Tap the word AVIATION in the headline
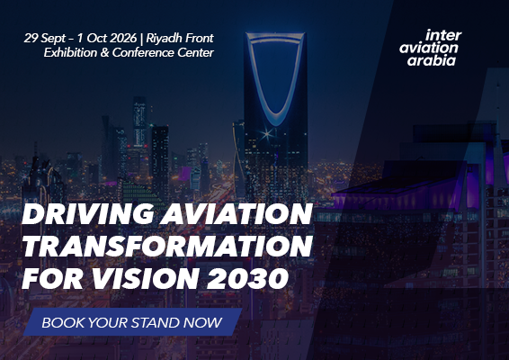click(x=234, y=216)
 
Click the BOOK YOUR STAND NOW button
click(x=132, y=321)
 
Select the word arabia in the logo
click(x=431, y=61)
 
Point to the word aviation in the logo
click(x=428, y=48)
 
